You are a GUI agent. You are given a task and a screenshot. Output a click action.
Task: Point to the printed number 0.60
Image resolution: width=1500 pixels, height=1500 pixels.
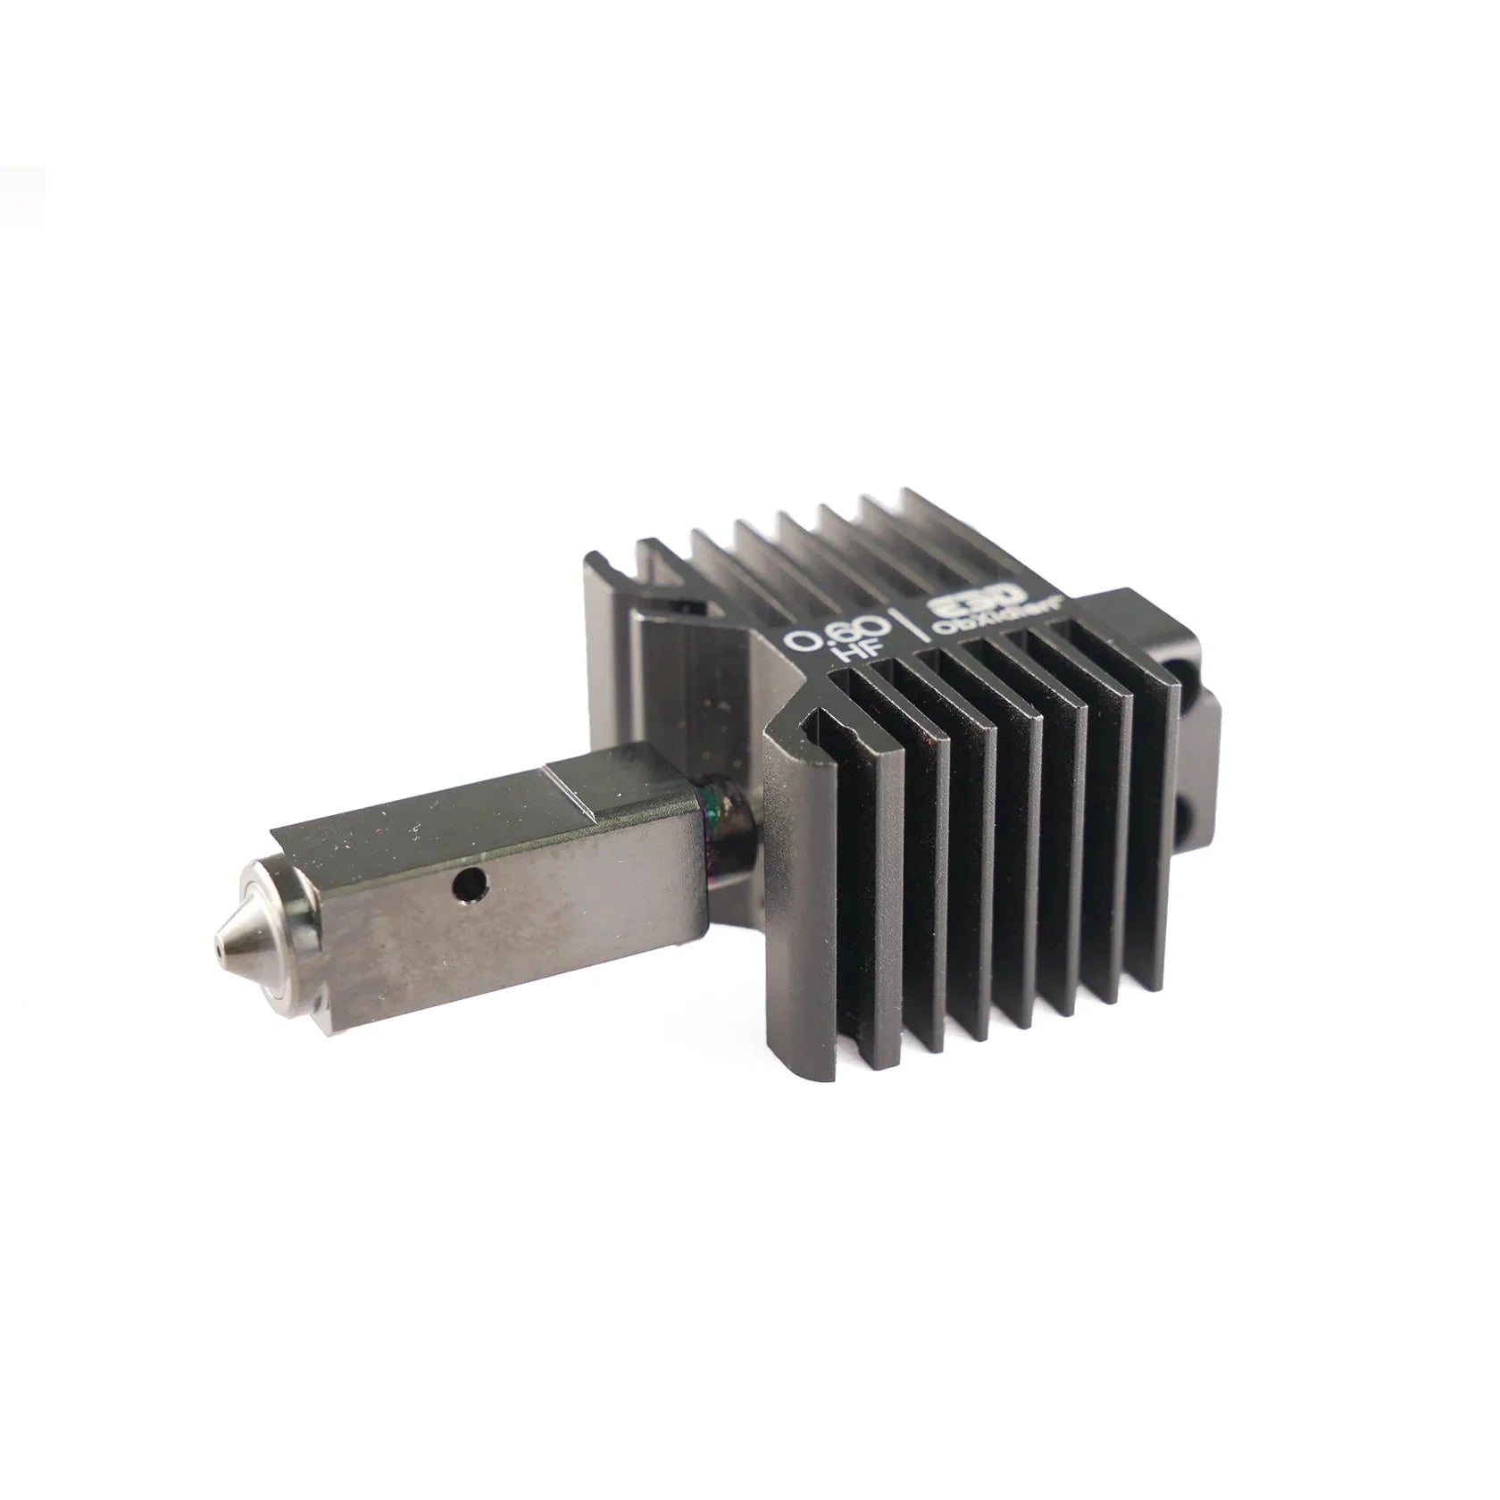pos(835,636)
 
